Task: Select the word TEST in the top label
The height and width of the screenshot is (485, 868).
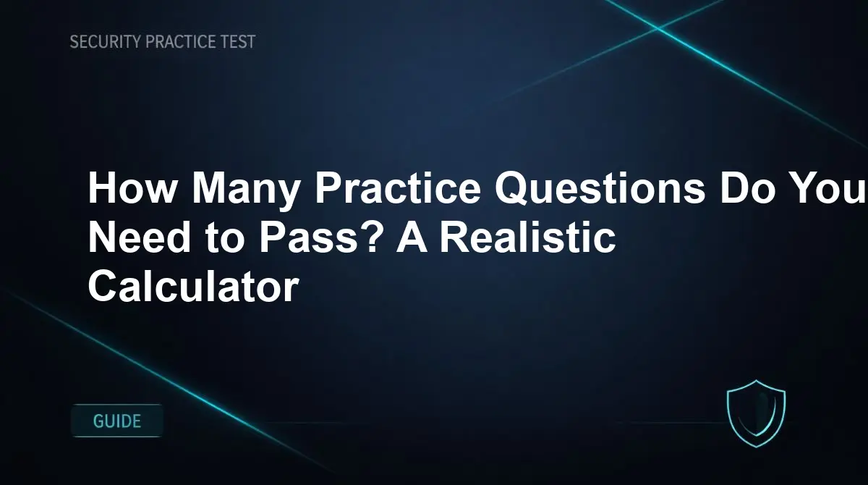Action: pyautogui.click(x=238, y=42)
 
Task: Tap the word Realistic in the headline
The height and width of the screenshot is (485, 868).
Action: pyautogui.click(x=529, y=238)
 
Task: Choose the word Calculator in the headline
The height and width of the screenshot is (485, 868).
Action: pyautogui.click(x=192, y=287)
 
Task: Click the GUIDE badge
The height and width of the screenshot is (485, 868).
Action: pyautogui.click(x=117, y=421)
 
